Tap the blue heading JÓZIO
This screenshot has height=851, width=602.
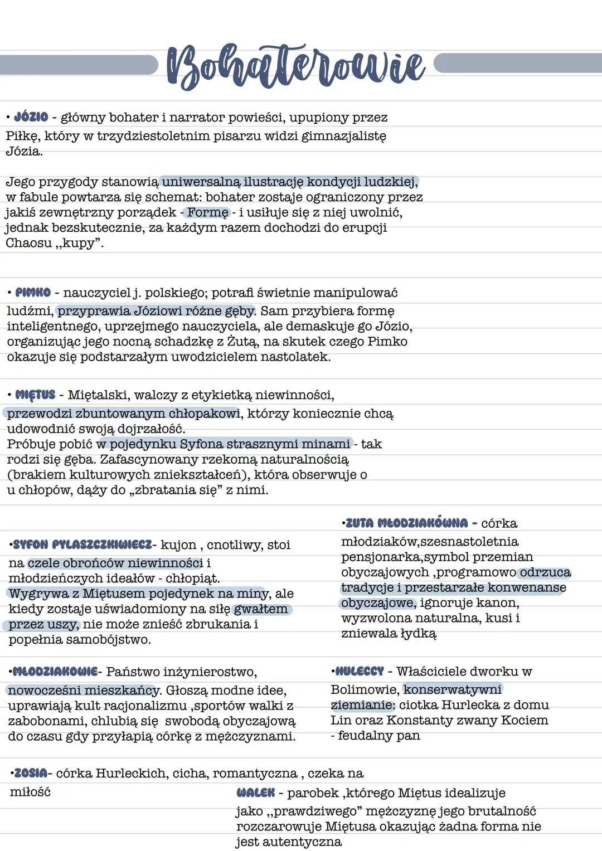click(31, 117)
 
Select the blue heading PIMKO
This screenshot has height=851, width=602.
click(33, 293)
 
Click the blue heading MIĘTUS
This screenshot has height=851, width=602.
click(35, 395)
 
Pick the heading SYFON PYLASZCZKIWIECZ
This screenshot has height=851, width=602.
click(82, 544)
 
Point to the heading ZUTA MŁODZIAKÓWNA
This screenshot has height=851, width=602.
click(406, 523)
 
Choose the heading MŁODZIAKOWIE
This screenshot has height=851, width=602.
click(55, 672)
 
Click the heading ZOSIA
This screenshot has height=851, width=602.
click(31, 774)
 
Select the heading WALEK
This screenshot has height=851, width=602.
click(256, 792)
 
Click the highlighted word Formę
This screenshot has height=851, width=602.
click(207, 212)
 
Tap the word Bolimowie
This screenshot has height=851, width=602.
click(364, 689)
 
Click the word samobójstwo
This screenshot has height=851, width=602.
click(109, 639)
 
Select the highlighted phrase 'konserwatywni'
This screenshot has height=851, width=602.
click(453, 689)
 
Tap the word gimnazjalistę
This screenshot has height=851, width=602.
click(343, 135)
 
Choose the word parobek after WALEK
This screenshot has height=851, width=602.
click(313, 792)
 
